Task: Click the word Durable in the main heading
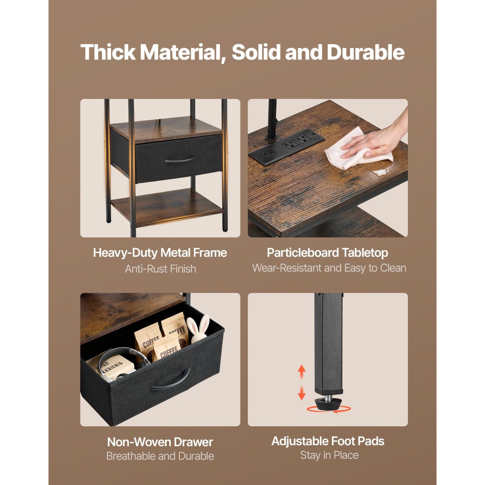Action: tap(365, 52)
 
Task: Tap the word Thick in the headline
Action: tap(108, 52)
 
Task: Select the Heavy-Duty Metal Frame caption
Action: tap(160, 253)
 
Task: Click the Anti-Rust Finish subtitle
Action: tap(160, 269)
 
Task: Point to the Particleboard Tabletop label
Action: tap(327, 253)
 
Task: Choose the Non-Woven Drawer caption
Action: tap(160, 442)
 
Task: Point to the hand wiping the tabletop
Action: tap(377, 140)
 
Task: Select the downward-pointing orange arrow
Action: tap(301, 393)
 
